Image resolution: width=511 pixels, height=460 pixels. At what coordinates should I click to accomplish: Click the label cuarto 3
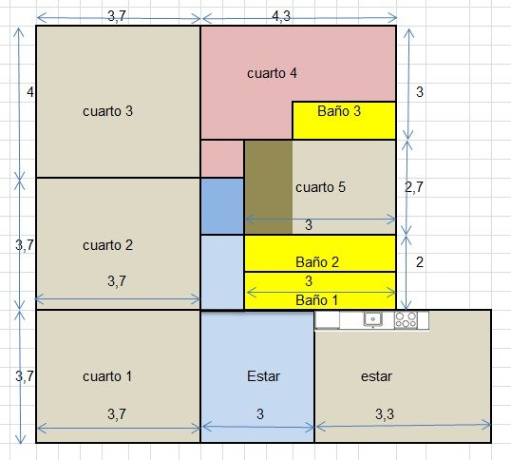point(108,111)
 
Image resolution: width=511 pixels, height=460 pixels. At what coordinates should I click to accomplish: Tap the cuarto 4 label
point(272,73)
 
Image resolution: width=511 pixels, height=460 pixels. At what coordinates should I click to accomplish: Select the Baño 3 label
point(339,111)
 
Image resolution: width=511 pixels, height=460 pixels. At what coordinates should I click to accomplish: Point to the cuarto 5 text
point(320,187)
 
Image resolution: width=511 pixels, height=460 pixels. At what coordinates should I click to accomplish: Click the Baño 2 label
point(317,262)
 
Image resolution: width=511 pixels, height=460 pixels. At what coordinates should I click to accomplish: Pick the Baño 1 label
point(317,300)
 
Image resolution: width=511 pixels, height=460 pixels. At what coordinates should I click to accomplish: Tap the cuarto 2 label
point(108,245)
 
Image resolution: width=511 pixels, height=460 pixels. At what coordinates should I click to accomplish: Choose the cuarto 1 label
point(107,376)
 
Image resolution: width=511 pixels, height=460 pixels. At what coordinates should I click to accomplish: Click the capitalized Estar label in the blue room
point(263,376)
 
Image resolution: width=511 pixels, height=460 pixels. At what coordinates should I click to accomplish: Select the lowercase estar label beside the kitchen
point(376,376)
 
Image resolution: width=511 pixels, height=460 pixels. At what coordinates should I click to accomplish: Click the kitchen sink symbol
point(373,319)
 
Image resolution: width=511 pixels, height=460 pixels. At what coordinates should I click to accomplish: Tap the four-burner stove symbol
point(406,319)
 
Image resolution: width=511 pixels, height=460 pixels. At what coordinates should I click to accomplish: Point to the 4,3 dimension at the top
point(281,15)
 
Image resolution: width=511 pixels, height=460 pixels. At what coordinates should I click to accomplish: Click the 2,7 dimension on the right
point(414,187)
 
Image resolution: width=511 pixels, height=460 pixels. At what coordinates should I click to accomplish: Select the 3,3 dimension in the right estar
point(385,414)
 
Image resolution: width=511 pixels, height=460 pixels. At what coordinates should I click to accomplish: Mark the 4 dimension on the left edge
point(30,92)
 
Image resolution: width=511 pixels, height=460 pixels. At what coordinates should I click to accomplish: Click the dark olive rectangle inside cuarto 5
point(269,187)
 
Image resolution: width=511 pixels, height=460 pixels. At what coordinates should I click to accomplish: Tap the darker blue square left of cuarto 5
point(222,206)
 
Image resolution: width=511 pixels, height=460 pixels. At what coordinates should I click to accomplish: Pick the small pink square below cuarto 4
point(222,159)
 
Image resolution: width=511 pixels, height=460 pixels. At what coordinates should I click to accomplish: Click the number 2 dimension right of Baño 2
point(420,262)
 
